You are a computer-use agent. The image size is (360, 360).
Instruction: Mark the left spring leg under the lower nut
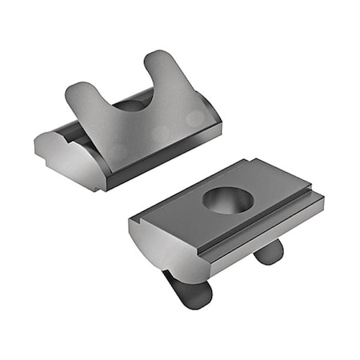click(190, 292)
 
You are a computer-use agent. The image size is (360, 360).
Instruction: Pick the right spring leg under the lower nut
click(268, 251)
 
